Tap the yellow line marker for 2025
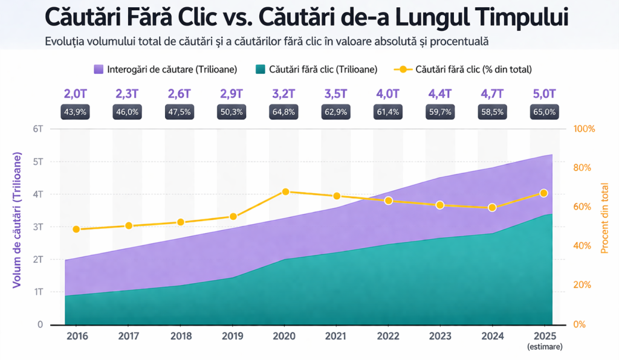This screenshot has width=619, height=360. tap(543, 193)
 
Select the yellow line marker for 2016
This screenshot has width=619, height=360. tap(76, 229)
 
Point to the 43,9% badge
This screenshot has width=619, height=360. tap(76, 112)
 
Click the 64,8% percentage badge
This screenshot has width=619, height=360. tap(284, 112)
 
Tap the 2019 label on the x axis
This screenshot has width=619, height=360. tap(232, 336)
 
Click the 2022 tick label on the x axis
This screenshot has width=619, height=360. tap(387, 336)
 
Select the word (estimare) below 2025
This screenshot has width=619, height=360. tap(545, 347)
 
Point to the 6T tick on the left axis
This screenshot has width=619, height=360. tap(37, 129)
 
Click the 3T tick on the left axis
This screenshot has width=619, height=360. tap(37, 227)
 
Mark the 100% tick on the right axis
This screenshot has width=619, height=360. tap(585, 129)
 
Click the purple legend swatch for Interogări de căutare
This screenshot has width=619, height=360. tap(99, 69)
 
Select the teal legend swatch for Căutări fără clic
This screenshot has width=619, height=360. tap(261, 69)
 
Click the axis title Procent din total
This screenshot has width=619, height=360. tap(604, 217)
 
